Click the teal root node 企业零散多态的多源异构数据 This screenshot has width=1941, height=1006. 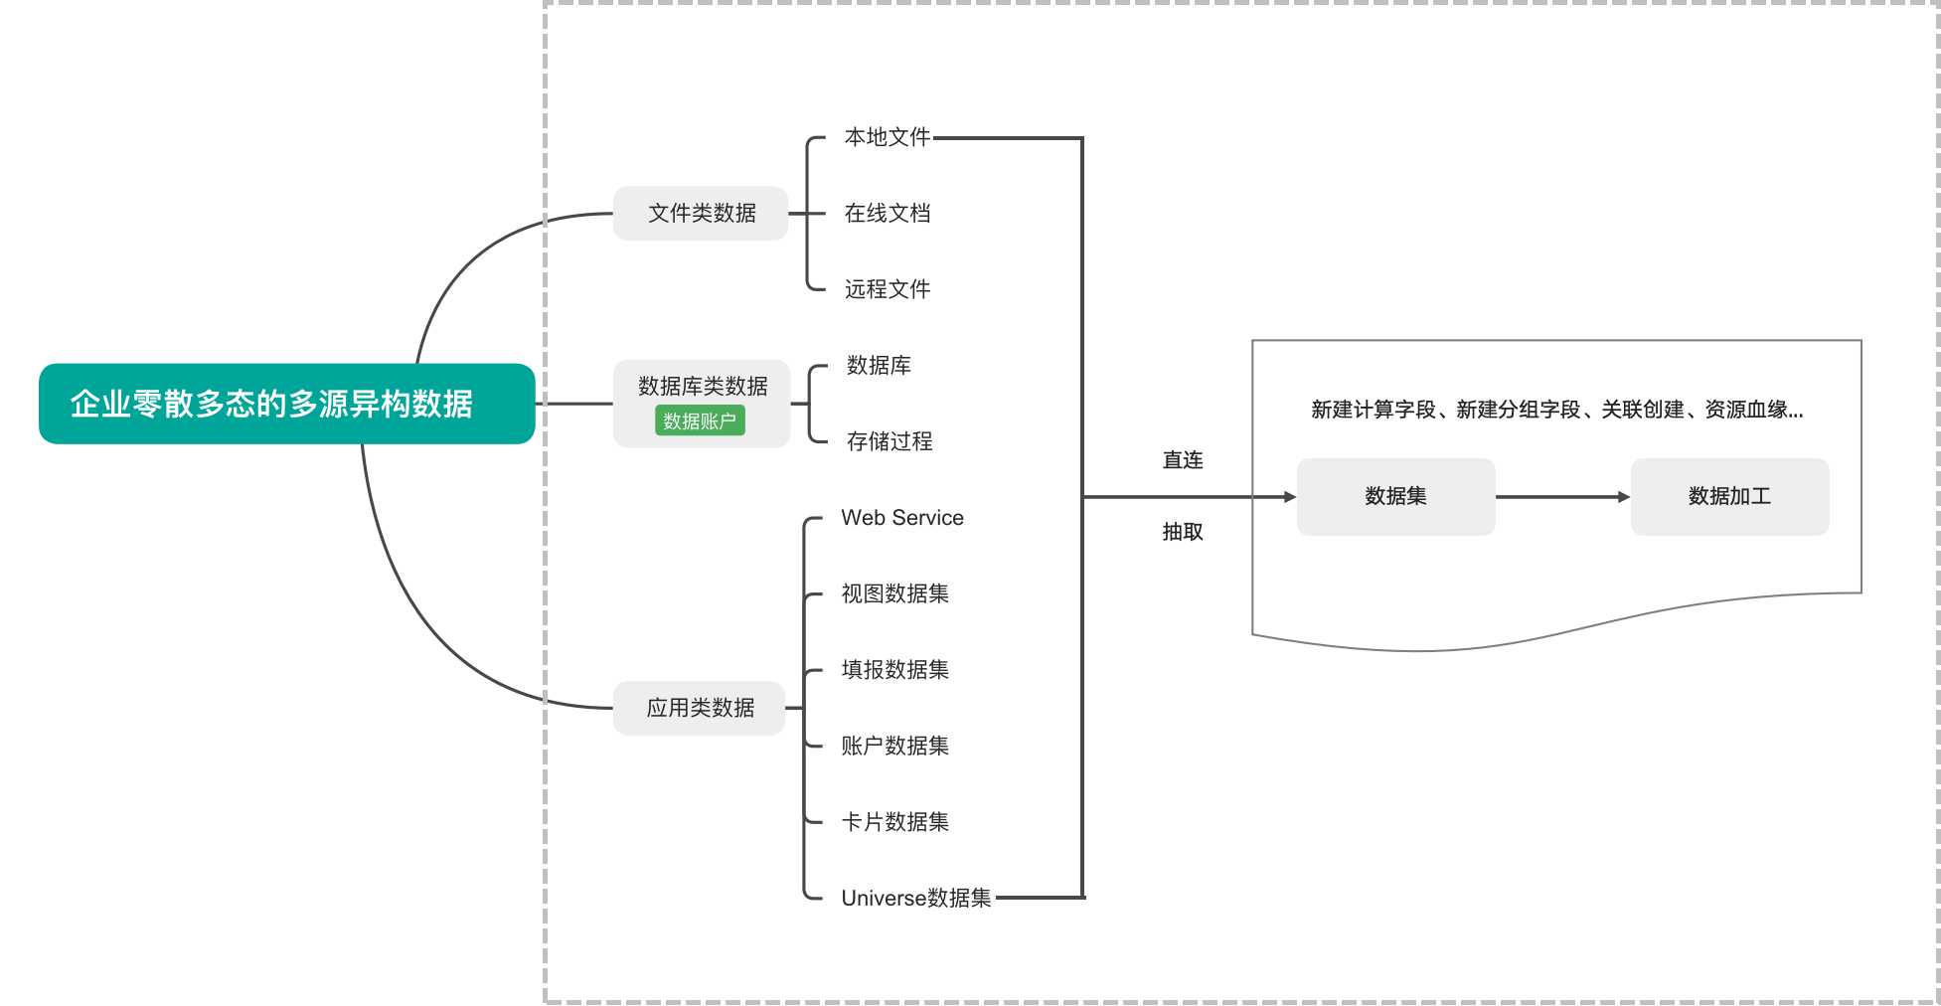click(x=286, y=404)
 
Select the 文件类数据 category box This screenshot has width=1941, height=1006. click(x=701, y=213)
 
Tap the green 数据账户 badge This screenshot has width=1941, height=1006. click(x=700, y=420)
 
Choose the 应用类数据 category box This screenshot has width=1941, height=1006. click(x=700, y=708)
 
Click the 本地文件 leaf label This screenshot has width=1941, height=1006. click(x=887, y=137)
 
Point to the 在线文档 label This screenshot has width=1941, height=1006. click(x=887, y=213)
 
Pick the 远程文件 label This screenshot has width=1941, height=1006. click(x=887, y=289)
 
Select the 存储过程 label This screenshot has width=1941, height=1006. click(x=889, y=441)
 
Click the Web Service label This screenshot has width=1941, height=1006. click(x=901, y=518)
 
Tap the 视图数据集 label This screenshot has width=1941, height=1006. click(x=894, y=593)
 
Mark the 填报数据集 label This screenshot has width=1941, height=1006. click(x=894, y=670)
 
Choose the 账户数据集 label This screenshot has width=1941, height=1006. click(x=894, y=746)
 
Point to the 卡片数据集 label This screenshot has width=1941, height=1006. click(x=894, y=822)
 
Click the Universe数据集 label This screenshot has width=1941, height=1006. click(x=915, y=899)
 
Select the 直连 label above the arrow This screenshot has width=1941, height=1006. click(x=1183, y=460)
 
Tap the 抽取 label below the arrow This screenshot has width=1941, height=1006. click(x=1183, y=532)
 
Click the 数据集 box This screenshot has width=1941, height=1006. click(x=1395, y=496)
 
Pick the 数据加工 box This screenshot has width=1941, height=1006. click(x=1729, y=496)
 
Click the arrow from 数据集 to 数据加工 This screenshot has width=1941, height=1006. click(x=1562, y=497)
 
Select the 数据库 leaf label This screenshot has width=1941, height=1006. click(x=879, y=366)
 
